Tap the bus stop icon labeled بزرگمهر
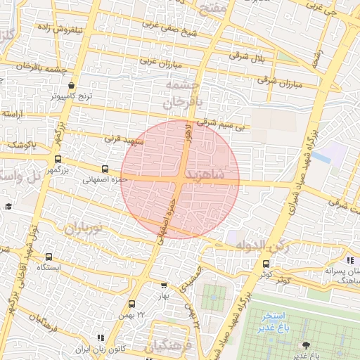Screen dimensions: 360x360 [58, 159]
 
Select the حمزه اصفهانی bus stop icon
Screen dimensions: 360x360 [105, 169]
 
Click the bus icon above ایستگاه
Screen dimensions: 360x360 [49, 257]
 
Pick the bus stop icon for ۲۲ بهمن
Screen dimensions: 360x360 [131, 304]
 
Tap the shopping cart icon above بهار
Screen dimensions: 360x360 [164, 286]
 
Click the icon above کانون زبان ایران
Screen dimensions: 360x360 [101, 339]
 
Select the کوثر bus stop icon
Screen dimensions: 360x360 [266, 264]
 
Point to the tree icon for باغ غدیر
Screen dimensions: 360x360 [305, 345]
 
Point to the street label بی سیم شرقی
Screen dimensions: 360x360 [223, 124]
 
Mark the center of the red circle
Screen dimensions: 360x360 [180, 179]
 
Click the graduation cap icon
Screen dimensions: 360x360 [8, 206]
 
